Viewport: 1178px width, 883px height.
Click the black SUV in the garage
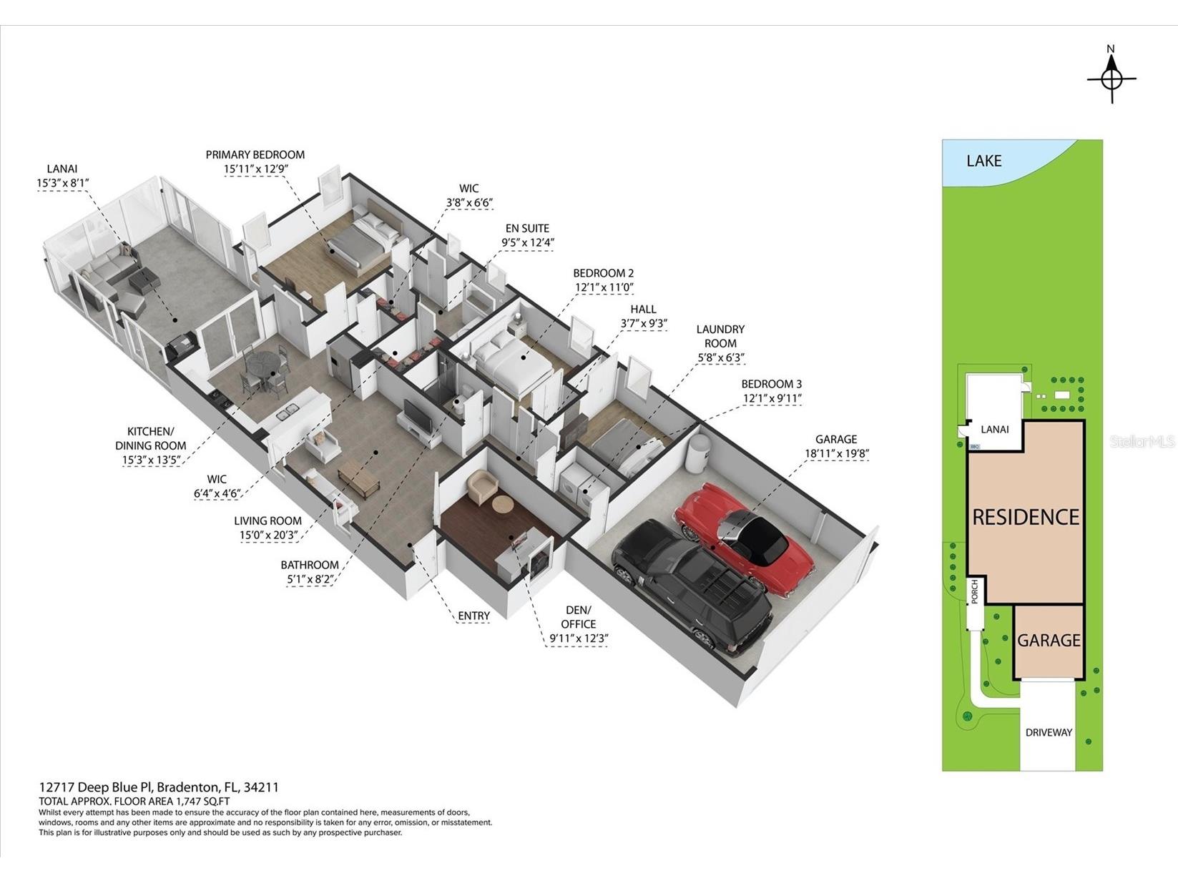(x=692, y=586)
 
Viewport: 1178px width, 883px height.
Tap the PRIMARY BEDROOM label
(x=255, y=154)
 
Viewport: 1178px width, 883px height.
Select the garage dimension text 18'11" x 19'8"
(x=836, y=454)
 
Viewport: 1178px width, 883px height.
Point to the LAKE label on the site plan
(x=983, y=160)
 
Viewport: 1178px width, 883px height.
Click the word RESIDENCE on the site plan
(x=1026, y=517)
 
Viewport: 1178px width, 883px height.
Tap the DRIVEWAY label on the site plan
(x=1049, y=732)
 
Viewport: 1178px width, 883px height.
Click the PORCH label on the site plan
(x=975, y=592)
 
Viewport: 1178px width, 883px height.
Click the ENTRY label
(x=473, y=616)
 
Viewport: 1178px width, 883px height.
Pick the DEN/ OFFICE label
(x=578, y=617)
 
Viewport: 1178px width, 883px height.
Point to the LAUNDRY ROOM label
(x=720, y=336)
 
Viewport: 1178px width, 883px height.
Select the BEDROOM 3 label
(x=772, y=384)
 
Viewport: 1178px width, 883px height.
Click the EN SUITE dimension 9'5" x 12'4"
(x=528, y=242)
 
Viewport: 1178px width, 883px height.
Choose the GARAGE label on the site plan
(x=1049, y=640)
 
